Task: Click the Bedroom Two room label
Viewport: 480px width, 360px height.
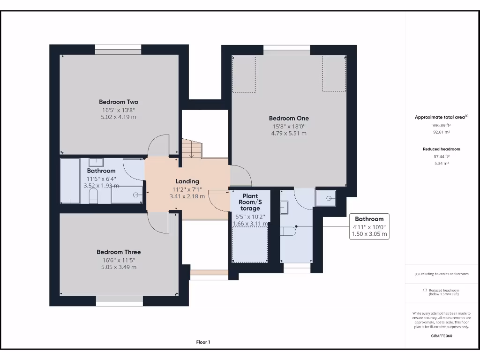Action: [x=119, y=102]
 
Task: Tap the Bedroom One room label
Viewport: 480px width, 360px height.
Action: [x=289, y=118]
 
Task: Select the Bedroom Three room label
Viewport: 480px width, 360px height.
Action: [x=119, y=252]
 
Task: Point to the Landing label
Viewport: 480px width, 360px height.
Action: [x=187, y=181]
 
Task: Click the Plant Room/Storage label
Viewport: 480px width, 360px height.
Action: [x=250, y=202]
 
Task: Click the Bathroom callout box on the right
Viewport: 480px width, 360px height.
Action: [x=369, y=226]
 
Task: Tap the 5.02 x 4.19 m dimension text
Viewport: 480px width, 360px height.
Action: [x=119, y=117]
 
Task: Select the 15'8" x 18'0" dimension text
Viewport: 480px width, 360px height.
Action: [x=289, y=127]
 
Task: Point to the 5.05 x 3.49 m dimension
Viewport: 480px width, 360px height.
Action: [x=119, y=267]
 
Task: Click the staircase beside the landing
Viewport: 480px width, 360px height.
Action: [x=192, y=149]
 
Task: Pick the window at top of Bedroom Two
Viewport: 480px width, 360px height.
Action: [x=118, y=50]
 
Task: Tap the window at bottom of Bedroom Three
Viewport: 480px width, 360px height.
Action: [x=120, y=301]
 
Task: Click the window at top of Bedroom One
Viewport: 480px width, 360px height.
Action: [x=286, y=50]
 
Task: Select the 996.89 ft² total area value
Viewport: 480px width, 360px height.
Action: [x=442, y=125]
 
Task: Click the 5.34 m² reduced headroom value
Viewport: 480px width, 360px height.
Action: [x=442, y=164]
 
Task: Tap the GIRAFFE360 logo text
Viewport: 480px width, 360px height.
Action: [x=442, y=336]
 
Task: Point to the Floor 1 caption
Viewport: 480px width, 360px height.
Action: [x=203, y=342]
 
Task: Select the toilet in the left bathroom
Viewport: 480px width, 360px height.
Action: [x=93, y=195]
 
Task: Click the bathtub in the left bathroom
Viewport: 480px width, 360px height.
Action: [x=70, y=180]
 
